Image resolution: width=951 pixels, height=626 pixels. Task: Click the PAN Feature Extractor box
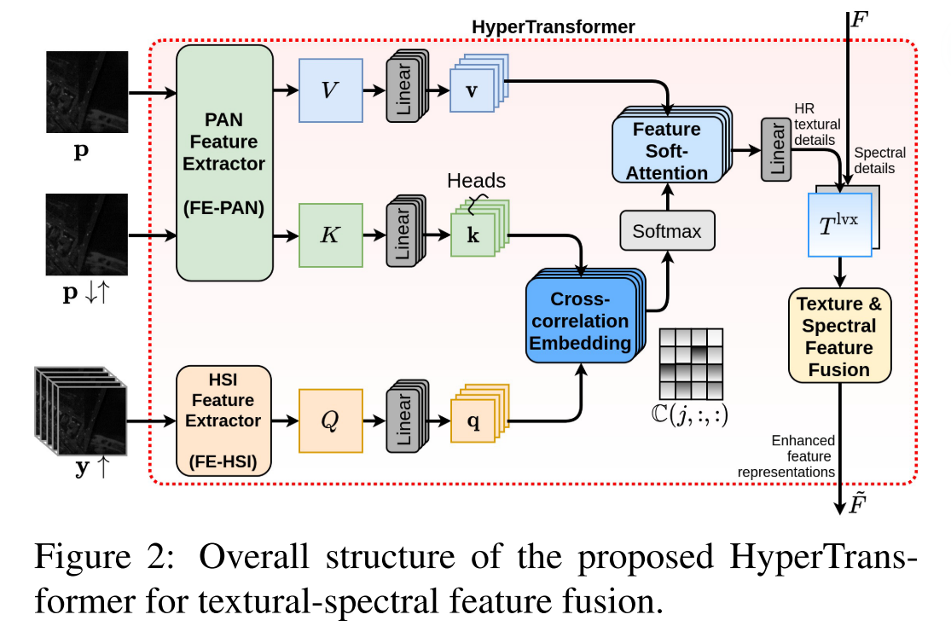[223, 162]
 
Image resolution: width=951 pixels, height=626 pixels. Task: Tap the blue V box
[331, 90]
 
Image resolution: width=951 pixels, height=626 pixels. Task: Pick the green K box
[331, 235]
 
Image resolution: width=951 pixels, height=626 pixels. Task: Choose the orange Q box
[331, 420]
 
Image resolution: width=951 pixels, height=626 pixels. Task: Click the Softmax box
[667, 231]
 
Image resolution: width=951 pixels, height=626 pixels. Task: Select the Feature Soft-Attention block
[667, 150]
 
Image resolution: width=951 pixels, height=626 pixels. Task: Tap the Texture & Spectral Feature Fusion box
[840, 336]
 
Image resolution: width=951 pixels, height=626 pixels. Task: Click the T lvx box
[840, 224]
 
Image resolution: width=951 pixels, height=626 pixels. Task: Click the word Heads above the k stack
[476, 181]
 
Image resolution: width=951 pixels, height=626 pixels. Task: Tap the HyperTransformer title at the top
[553, 27]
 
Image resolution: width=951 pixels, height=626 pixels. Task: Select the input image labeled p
[87, 91]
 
